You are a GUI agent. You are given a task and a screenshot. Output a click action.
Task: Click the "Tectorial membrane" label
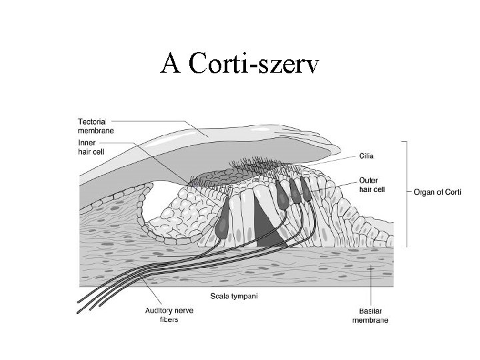point(95,126)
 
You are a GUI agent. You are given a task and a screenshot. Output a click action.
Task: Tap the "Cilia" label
point(367,156)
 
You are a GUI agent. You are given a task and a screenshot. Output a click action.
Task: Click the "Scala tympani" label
point(234,295)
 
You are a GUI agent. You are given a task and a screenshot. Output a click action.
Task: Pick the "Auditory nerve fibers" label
point(163,314)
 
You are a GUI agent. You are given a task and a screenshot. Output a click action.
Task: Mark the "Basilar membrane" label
point(370,315)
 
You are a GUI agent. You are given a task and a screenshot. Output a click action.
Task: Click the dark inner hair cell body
point(221,221)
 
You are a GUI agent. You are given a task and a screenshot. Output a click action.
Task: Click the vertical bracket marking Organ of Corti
point(406,193)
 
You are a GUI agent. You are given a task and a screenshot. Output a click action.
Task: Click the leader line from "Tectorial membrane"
point(160,123)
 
